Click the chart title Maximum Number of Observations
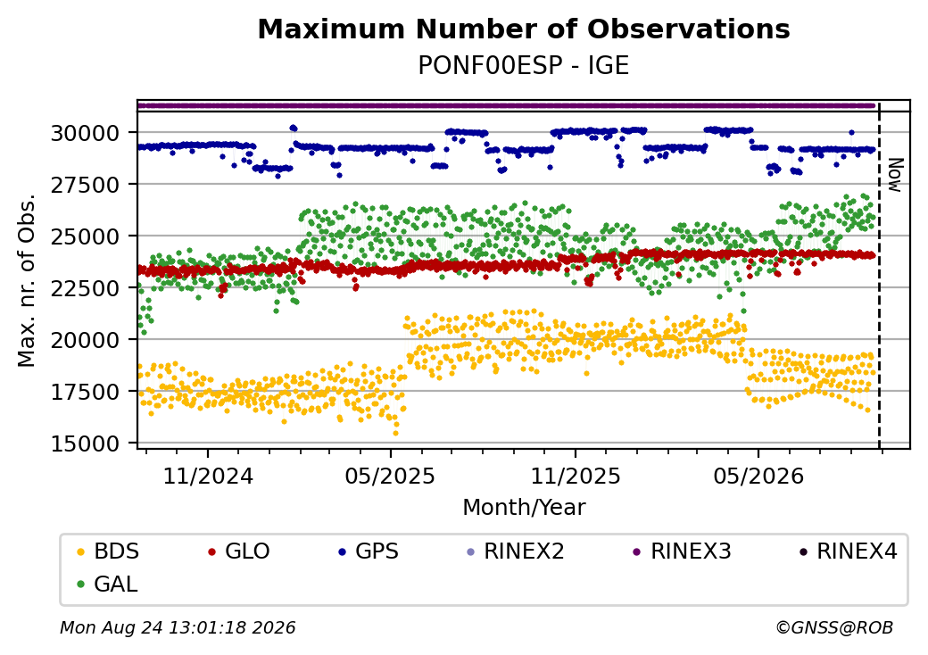coord(524,29)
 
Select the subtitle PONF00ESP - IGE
coord(524,65)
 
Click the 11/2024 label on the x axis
coord(208,476)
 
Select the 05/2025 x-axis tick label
coord(390,476)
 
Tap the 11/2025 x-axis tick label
coord(576,476)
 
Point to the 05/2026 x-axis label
coord(758,476)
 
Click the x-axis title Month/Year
coord(524,508)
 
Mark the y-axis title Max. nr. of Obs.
coord(27,280)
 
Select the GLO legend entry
coord(239,551)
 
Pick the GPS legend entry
coord(369,551)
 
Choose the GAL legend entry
coord(107,584)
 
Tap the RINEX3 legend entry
coord(682,551)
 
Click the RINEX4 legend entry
coord(848,551)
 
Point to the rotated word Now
coord(896,175)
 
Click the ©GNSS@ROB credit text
coord(834,627)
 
